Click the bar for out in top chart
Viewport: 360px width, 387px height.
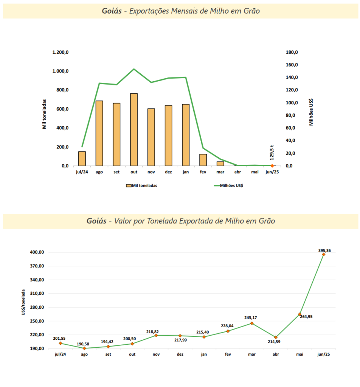[x=134, y=129]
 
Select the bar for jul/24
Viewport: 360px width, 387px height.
[x=82, y=159]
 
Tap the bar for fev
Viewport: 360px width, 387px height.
[x=203, y=160]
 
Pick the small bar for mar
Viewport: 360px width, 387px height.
[x=220, y=164]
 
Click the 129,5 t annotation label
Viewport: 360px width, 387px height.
[x=272, y=153]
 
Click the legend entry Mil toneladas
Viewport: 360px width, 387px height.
[x=142, y=186]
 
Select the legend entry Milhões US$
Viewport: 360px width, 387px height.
[x=228, y=186]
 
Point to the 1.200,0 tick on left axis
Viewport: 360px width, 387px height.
[x=61, y=52]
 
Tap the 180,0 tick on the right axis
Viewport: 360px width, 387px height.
[x=292, y=52]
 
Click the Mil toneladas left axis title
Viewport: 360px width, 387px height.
[x=44, y=114]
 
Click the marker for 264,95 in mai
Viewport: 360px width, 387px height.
[x=299, y=314]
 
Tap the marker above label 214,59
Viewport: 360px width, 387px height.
[x=276, y=337]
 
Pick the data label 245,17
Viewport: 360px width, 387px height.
[x=251, y=317]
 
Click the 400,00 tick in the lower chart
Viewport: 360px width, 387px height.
[x=37, y=252]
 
